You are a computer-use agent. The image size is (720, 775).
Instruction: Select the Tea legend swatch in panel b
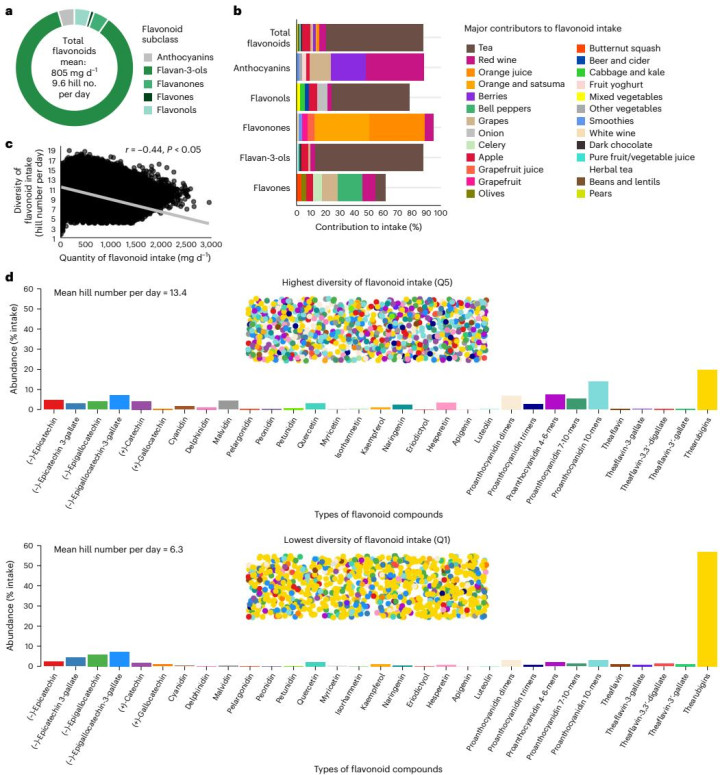[x=472, y=48]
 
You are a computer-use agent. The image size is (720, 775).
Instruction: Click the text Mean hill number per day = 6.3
[x=104, y=550]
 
